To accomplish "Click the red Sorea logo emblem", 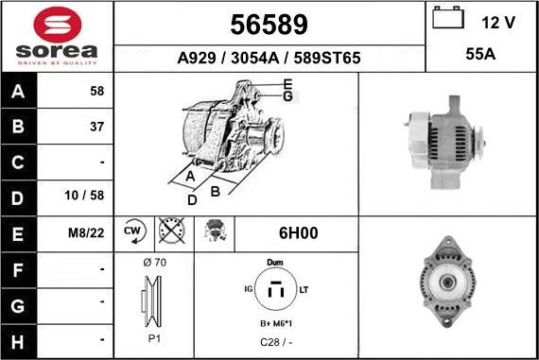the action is tap(58, 25).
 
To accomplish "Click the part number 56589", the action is tap(269, 25).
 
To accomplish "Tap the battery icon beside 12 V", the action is tap(448, 18).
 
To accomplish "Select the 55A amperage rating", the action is tap(480, 54).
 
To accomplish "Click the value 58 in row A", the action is tap(97, 91).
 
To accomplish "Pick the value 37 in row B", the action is tap(97, 127).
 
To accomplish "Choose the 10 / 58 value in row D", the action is tap(84, 196).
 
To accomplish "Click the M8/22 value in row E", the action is tap(86, 233).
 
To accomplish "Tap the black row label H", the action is tap(18, 342).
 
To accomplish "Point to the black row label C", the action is tap(18, 163).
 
